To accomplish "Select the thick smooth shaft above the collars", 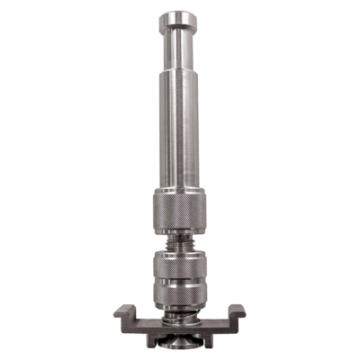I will coord(179,135).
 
